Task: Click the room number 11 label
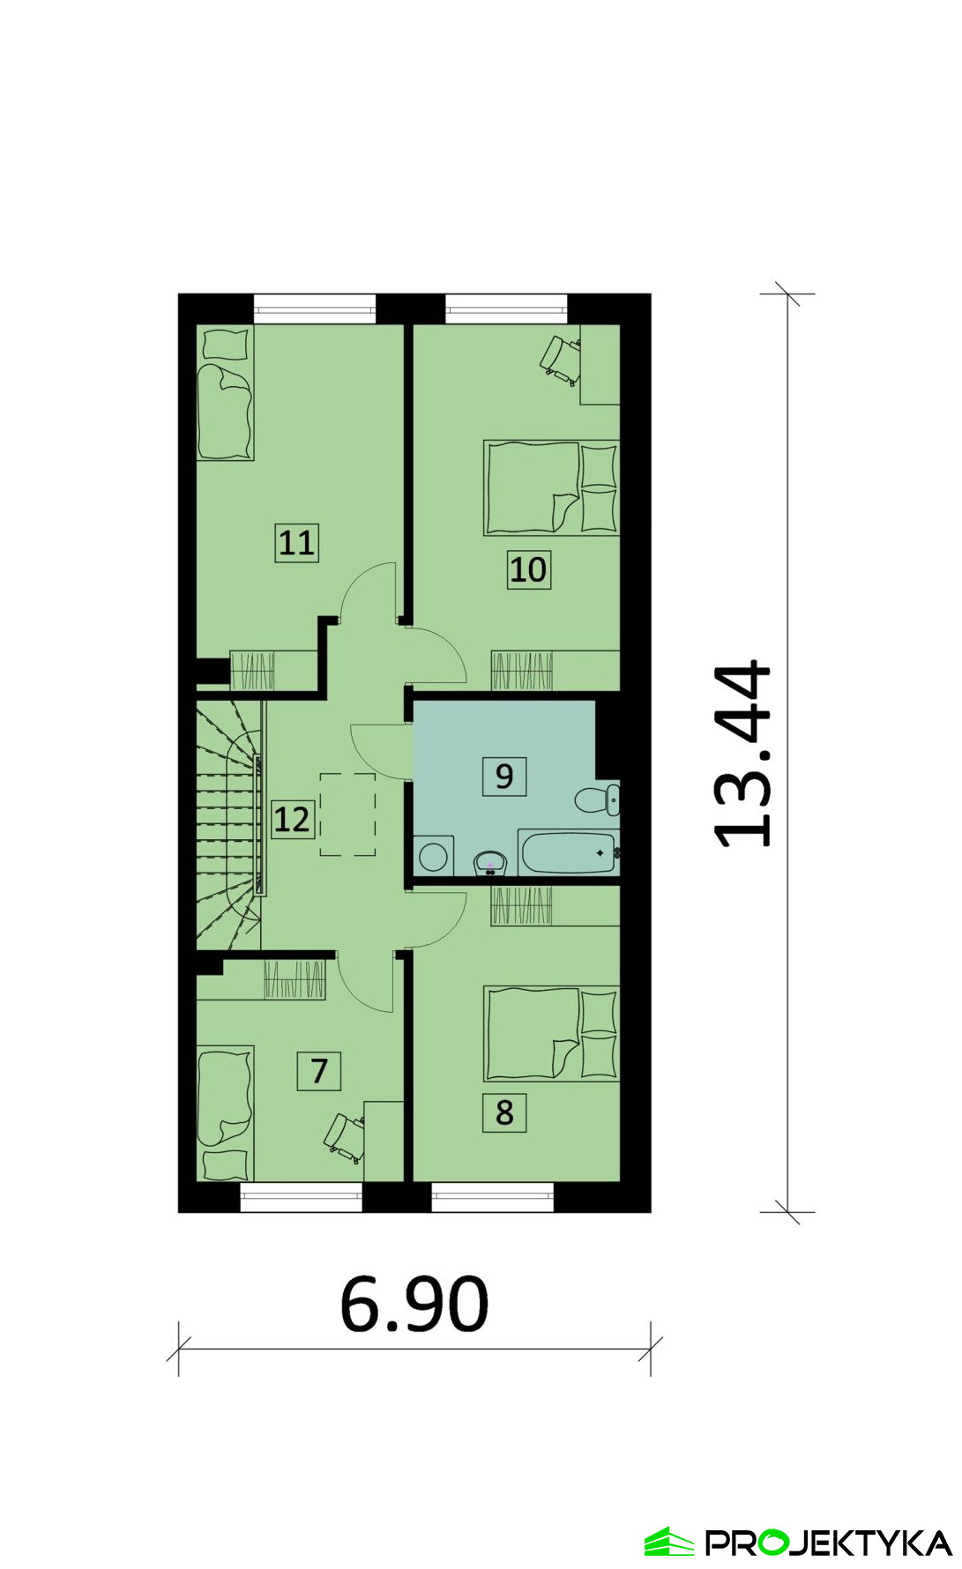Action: tap(296, 542)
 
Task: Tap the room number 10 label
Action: tap(529, 569)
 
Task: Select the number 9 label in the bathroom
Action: tap(504, 776)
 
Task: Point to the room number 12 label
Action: tap(292, 819)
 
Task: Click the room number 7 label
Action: tap(319, 1071)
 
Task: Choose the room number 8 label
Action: tap(504, 1112)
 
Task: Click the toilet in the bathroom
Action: tap(598, 799)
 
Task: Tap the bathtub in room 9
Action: tap(569, 852)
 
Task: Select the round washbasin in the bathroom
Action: tap(490, 862)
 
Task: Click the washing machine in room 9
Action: tap(434, 856)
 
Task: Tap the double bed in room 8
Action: tap(552, 1034)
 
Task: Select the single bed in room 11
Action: tap(226, 393)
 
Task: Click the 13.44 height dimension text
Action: tap(742, 754)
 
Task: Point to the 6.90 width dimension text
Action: tap(414, 1303)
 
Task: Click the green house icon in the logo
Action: tap(670, 1542)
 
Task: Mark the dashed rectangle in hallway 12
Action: tap(347, 814)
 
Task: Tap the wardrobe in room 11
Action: tap(273, 670)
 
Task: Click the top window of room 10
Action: tap(506, 309)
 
